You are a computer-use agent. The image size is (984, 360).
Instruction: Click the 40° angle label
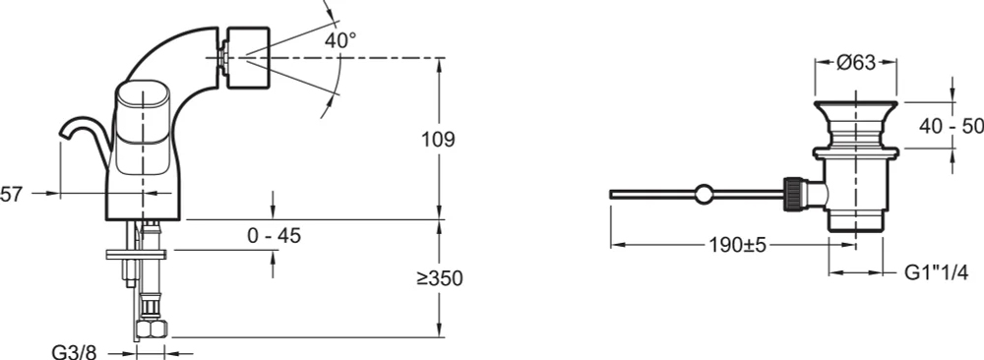(340, 40)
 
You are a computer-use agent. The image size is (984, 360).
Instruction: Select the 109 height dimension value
(438, 140)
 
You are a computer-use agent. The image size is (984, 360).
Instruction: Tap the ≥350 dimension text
(439, 278)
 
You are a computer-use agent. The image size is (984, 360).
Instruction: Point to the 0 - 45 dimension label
(275, 236)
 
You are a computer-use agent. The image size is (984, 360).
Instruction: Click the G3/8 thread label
(74, 354)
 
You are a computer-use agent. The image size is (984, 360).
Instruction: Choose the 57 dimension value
(11, 194)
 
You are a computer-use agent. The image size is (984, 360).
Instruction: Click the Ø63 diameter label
(856, 62)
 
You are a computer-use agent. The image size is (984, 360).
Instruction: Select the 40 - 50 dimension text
(952, 126)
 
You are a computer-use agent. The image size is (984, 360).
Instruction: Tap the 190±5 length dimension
(738, 245)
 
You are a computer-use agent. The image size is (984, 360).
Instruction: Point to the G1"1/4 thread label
(937, 272)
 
